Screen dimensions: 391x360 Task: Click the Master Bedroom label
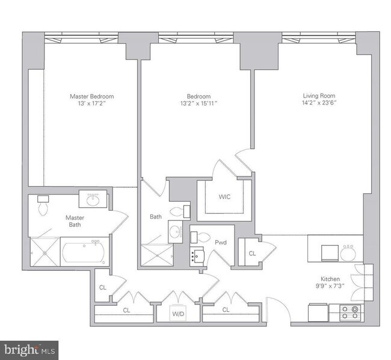coord(92,96)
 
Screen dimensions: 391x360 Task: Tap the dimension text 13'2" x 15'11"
coord(199,104)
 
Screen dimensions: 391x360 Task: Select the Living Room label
coord(319,96)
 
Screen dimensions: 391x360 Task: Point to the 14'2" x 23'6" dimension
coord(319,102)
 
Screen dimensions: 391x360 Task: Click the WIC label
coord(224,197)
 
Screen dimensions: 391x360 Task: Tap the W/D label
coord(178,314)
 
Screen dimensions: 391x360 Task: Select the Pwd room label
coord(221,242)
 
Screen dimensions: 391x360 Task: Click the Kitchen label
coord(330,279)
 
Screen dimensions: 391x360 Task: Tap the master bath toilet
coord(43,205)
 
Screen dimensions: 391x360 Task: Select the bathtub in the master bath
coord(85,252)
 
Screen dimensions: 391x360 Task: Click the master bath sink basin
coord(93,200)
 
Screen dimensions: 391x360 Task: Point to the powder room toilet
coord(200,237)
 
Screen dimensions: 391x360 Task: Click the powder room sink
coord(197,256)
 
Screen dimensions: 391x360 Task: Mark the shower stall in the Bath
coord(157,255)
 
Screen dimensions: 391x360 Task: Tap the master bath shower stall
coord(45,252)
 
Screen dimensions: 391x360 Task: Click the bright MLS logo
coord(29,350)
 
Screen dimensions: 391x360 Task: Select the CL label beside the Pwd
coord(252,253)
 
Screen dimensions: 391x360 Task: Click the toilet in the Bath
coord(180,212)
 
